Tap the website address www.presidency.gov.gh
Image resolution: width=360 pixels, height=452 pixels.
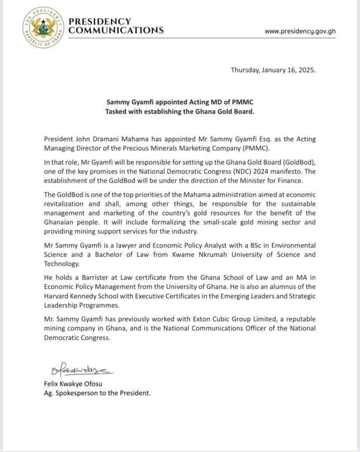pos(300,31)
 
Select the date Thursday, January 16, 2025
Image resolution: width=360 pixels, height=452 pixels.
pos(273,70)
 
